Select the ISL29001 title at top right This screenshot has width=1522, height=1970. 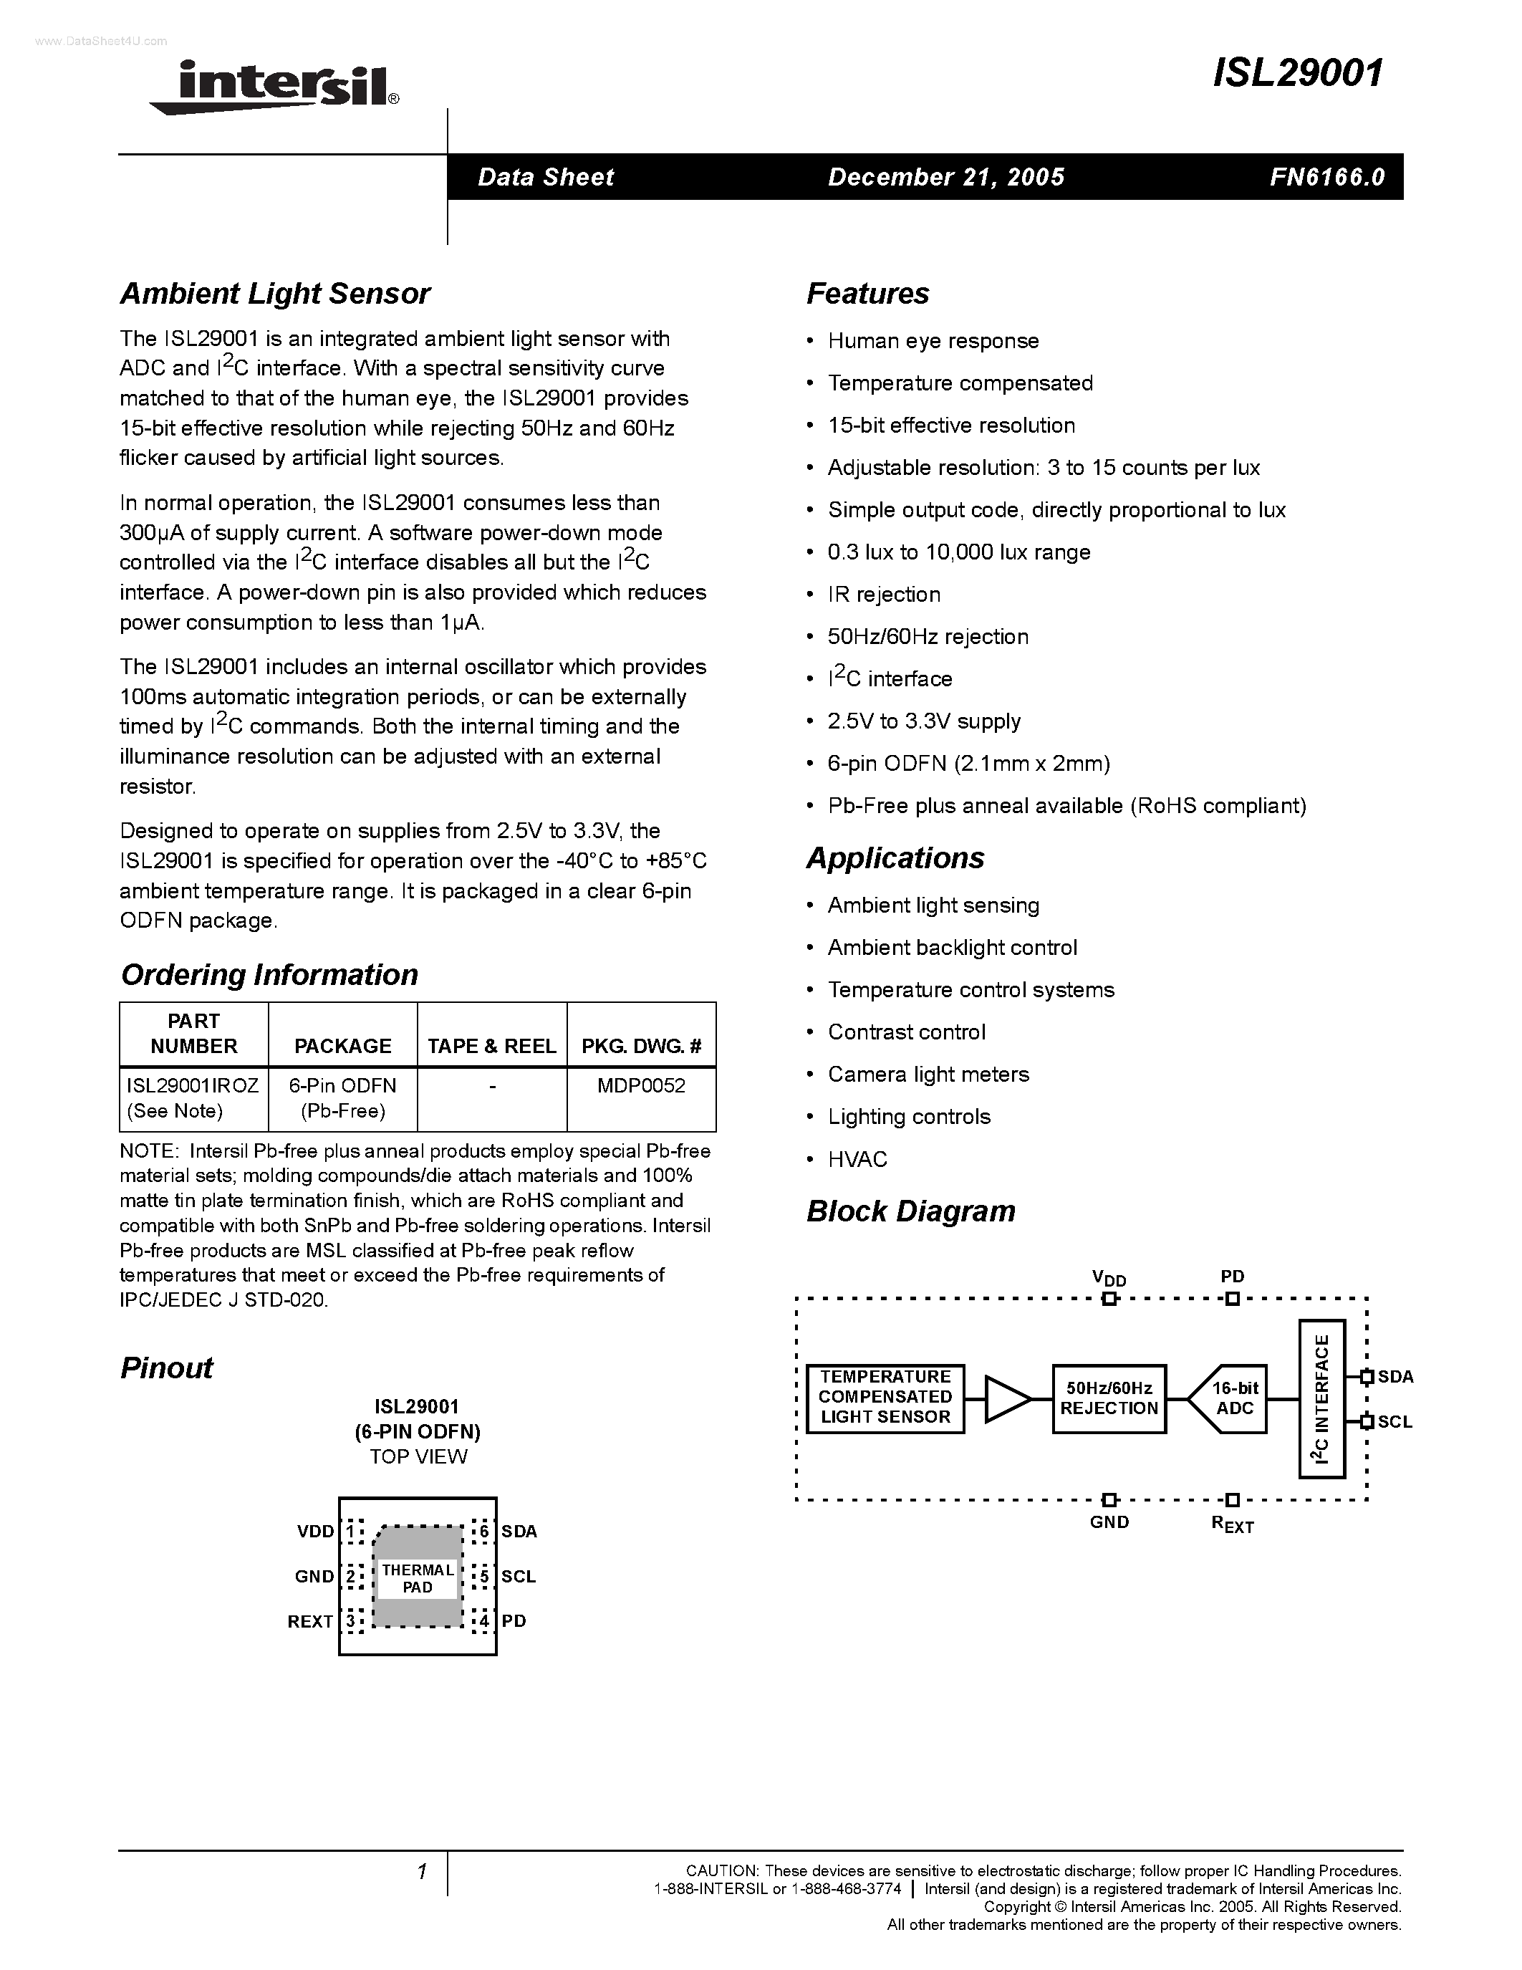1298,74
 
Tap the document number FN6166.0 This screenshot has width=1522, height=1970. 1326,177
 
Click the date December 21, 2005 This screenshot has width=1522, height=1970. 946,177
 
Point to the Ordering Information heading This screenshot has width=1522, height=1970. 269,974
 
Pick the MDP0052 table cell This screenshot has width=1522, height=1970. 641,1085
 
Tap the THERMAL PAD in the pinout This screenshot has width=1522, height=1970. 418,1579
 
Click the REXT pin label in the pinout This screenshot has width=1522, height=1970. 310,1622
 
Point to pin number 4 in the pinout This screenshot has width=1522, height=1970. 484,1622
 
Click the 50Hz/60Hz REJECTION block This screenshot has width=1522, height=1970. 1108,1399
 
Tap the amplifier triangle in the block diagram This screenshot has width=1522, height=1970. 1006,1399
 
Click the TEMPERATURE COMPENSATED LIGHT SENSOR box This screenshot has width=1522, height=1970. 885,1398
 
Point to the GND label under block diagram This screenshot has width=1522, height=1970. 1109,1522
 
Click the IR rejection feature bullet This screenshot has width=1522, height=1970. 884,595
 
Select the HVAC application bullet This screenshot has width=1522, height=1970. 857,1159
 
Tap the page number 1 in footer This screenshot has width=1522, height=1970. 421,1873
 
